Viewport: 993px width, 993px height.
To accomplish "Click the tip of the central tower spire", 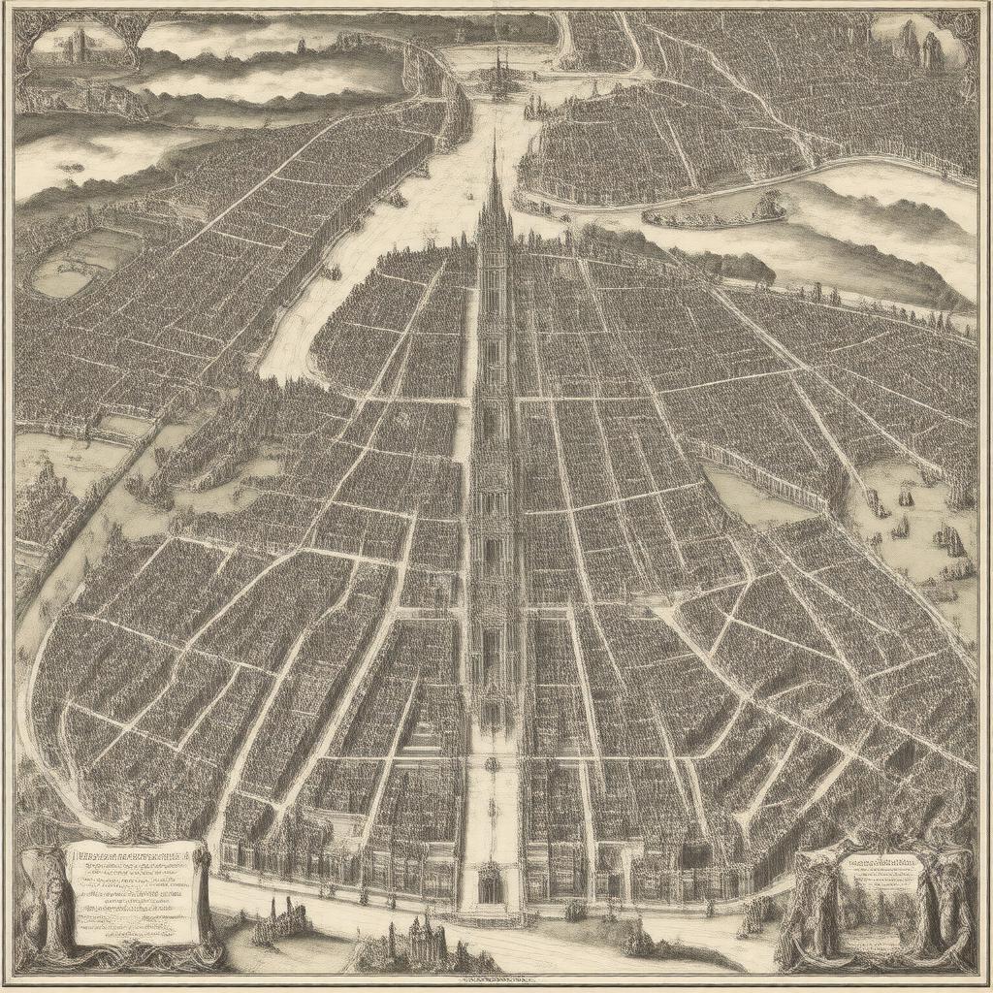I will (x=494, y=136).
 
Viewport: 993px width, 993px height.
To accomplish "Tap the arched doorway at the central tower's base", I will (x=492, y=888).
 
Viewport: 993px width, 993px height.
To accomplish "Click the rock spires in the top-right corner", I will (x=921, y=44).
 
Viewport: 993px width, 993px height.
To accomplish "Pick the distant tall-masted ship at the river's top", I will (x=500, y=73).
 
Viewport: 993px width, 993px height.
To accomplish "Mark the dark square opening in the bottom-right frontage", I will (x=694, y=853).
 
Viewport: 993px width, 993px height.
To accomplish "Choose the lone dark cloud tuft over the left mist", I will (x=70, y=167).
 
